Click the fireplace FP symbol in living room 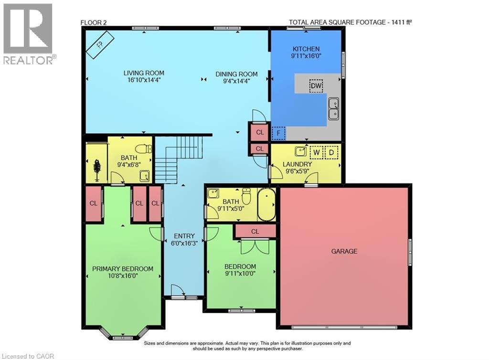coord(99,45)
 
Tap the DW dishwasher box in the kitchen coord(316,86)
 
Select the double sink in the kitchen coord(333,108)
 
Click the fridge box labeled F coord(278,133)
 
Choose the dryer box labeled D coord(331,152)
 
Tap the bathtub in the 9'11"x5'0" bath coord(266,205)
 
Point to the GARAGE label coord(344,251)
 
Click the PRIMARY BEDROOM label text coord(123,269)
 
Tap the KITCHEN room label coord(306,49)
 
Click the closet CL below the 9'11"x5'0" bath coord(255,232)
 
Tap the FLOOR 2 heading coord(94,21)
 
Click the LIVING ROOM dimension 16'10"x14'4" coord(144,80)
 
